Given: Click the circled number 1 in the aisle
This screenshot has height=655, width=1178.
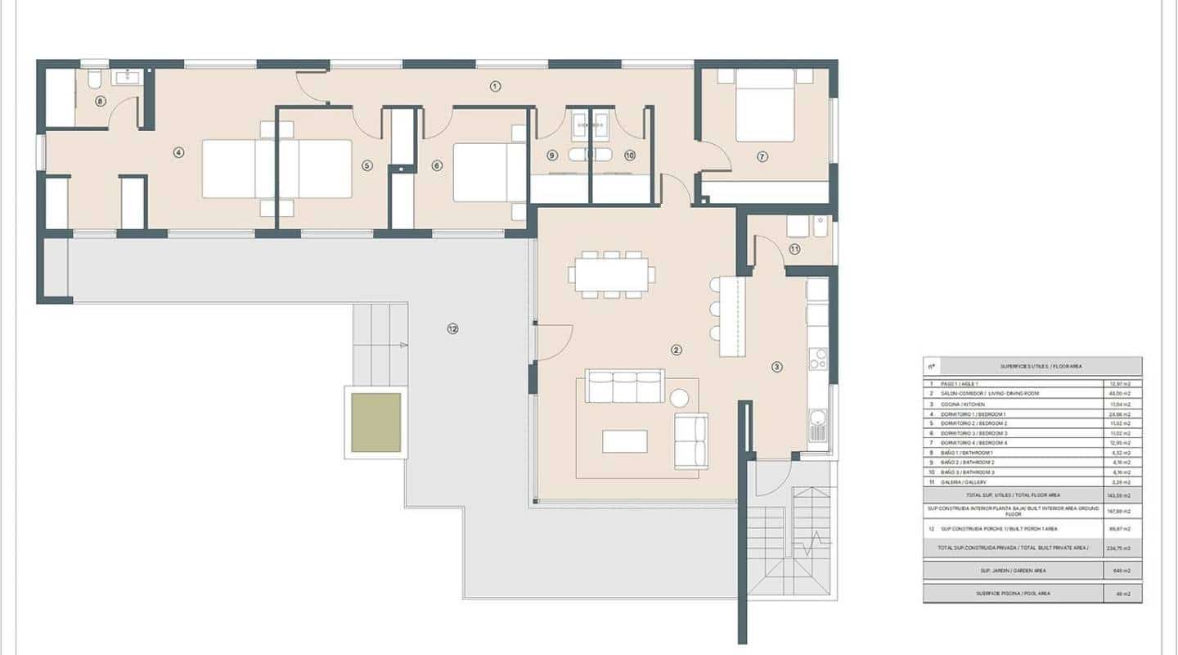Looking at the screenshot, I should pyautogui.click(x=495, y=86).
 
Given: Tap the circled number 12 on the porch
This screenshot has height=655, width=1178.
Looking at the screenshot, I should pyautogui.click(x=452, y=329).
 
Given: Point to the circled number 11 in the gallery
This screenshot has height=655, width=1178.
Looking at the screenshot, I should pyautogui.click(x=794, y=249).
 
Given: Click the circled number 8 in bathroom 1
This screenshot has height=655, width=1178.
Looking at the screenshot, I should pyautogui.click(x=100, y=102).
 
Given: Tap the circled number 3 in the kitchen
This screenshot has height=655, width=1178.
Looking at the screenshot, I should pyautogui.click(x=777, y=367).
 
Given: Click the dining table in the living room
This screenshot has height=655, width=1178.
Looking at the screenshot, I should pyautogui.click(x=612, y=275).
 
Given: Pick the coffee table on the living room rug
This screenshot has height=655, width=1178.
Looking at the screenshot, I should pyautogui.click(x=624, y=441).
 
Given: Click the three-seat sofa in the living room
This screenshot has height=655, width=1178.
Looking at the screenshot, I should pyautogui.click(x=625, y=387).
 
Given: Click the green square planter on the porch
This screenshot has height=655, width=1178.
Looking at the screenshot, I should pyautogui.click(x=376, y=422).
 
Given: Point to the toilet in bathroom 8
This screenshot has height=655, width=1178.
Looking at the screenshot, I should pyautogui.click(x=94, y=79).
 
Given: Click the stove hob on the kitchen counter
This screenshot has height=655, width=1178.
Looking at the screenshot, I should pyautogui.click(x=817, y=359).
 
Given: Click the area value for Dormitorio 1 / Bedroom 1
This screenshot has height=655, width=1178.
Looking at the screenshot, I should pyautogui.click(x=1121, y=413).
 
